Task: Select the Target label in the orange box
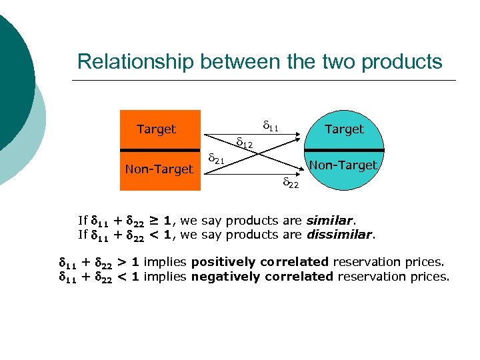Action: pos(156,129)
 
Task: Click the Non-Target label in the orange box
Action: pos(159,169)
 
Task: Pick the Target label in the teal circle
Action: pos(344,129)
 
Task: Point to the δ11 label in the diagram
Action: pos(270,125)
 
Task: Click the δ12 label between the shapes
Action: pos(245,142)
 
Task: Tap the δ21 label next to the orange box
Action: pos(216,159)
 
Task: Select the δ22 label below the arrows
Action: pos(291,183)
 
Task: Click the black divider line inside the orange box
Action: pos(160,150)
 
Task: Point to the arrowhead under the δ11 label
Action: pos(295,137)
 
